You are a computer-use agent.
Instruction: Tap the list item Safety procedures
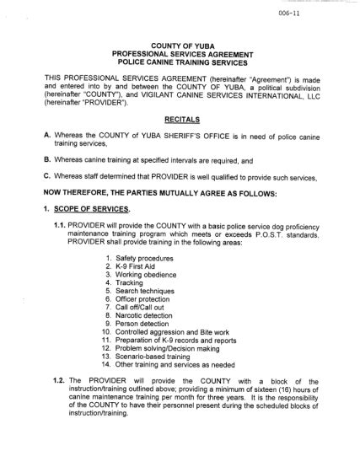pos(145,257)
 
